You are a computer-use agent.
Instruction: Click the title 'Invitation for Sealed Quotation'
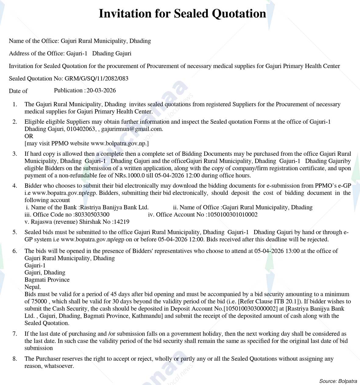(x=182, y=14)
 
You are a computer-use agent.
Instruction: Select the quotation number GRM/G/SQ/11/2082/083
(x=96, y=78)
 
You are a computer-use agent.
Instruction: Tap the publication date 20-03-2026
(x=101, y=90)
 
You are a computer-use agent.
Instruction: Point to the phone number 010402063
(x=81, y=129)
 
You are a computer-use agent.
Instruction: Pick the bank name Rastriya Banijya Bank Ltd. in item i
(x=114, y=207)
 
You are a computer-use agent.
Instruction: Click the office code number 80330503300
(x=92, y=215)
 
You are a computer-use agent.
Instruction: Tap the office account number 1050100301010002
(x=232, y=215)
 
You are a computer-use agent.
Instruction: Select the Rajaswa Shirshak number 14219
(x=121, y=222)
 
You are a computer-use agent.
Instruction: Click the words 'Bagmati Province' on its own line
(x=47, y=280)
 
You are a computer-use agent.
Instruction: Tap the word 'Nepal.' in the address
(x=33, y=287)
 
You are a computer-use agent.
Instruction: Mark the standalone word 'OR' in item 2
(x=29, y=136)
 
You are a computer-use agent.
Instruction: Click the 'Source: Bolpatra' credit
(x=338, y=381)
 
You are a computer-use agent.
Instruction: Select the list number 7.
(x=15, y=334)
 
